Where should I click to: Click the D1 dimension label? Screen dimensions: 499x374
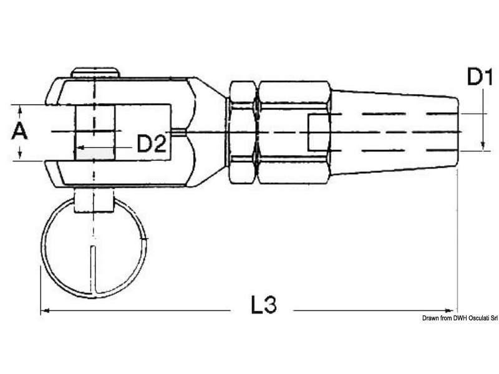480,77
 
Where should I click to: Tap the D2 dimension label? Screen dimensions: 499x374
152,144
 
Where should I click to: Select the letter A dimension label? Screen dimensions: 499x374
19,132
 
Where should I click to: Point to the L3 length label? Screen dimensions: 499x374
263,304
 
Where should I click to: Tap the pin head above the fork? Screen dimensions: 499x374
95,72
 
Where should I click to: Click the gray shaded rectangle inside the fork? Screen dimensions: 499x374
95,154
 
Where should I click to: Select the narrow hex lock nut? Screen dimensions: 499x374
243,132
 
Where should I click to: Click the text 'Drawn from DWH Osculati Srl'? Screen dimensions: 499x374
460,318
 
